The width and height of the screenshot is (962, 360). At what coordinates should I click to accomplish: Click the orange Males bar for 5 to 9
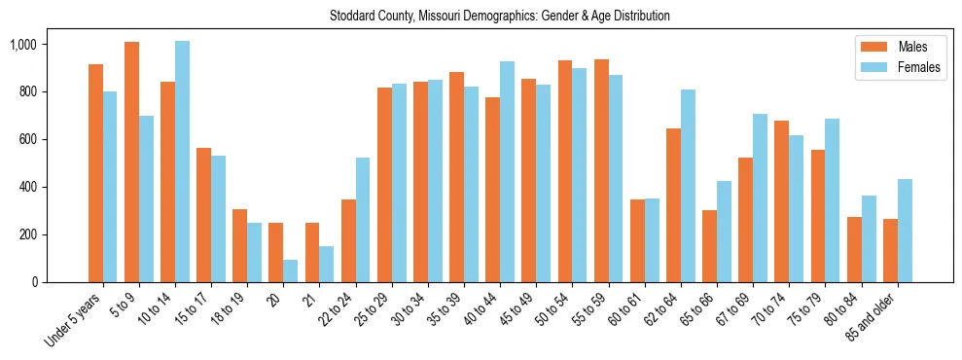tap(131, 162)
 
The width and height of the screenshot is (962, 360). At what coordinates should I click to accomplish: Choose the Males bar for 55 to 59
tap(601, 170)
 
